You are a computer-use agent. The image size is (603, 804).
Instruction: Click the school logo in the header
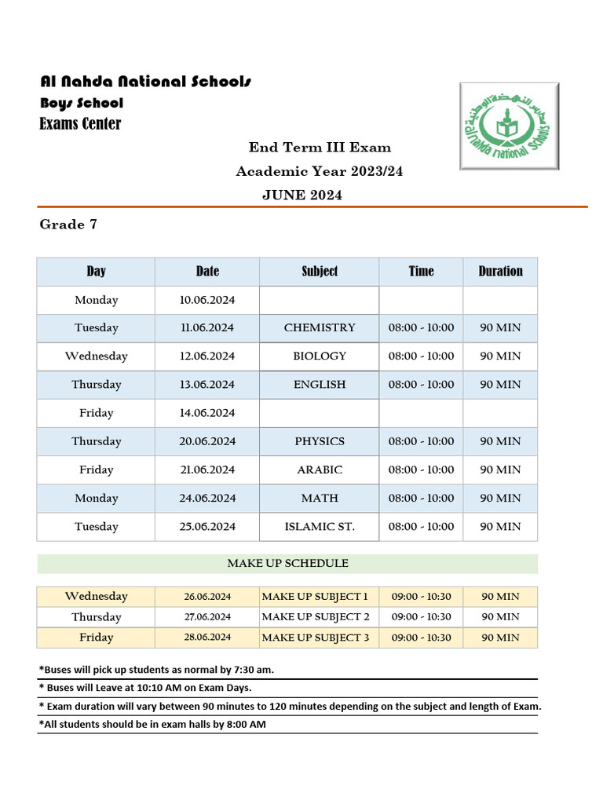[509, 126]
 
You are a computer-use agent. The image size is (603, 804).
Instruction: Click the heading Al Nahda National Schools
[146, 82]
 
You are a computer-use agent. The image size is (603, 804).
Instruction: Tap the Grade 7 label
[68, 225]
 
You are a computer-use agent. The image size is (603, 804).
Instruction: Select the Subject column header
[320, 271]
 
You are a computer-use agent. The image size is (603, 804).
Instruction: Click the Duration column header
[500, 271]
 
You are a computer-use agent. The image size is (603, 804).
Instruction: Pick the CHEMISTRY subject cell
[320, 327]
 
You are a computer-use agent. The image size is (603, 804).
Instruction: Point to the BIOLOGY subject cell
[320, 356]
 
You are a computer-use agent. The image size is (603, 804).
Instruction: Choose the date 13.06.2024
[207, 384]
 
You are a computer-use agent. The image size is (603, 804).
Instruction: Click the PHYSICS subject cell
[320, 441]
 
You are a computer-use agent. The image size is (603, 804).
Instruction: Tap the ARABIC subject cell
[320, 470]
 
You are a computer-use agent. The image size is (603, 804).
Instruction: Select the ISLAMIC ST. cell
[320, 526]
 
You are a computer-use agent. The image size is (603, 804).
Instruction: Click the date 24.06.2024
[207, 498]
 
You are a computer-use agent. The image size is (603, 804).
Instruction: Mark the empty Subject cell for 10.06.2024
[320, 300]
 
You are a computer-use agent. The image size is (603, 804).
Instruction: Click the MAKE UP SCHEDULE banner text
[287, 563]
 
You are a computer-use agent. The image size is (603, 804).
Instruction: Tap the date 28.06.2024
[207, 637]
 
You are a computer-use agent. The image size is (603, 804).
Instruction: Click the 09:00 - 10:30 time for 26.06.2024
[421, 597]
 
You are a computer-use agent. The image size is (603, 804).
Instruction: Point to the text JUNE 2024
[302, 196]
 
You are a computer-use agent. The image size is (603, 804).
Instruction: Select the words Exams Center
[80, 123]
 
